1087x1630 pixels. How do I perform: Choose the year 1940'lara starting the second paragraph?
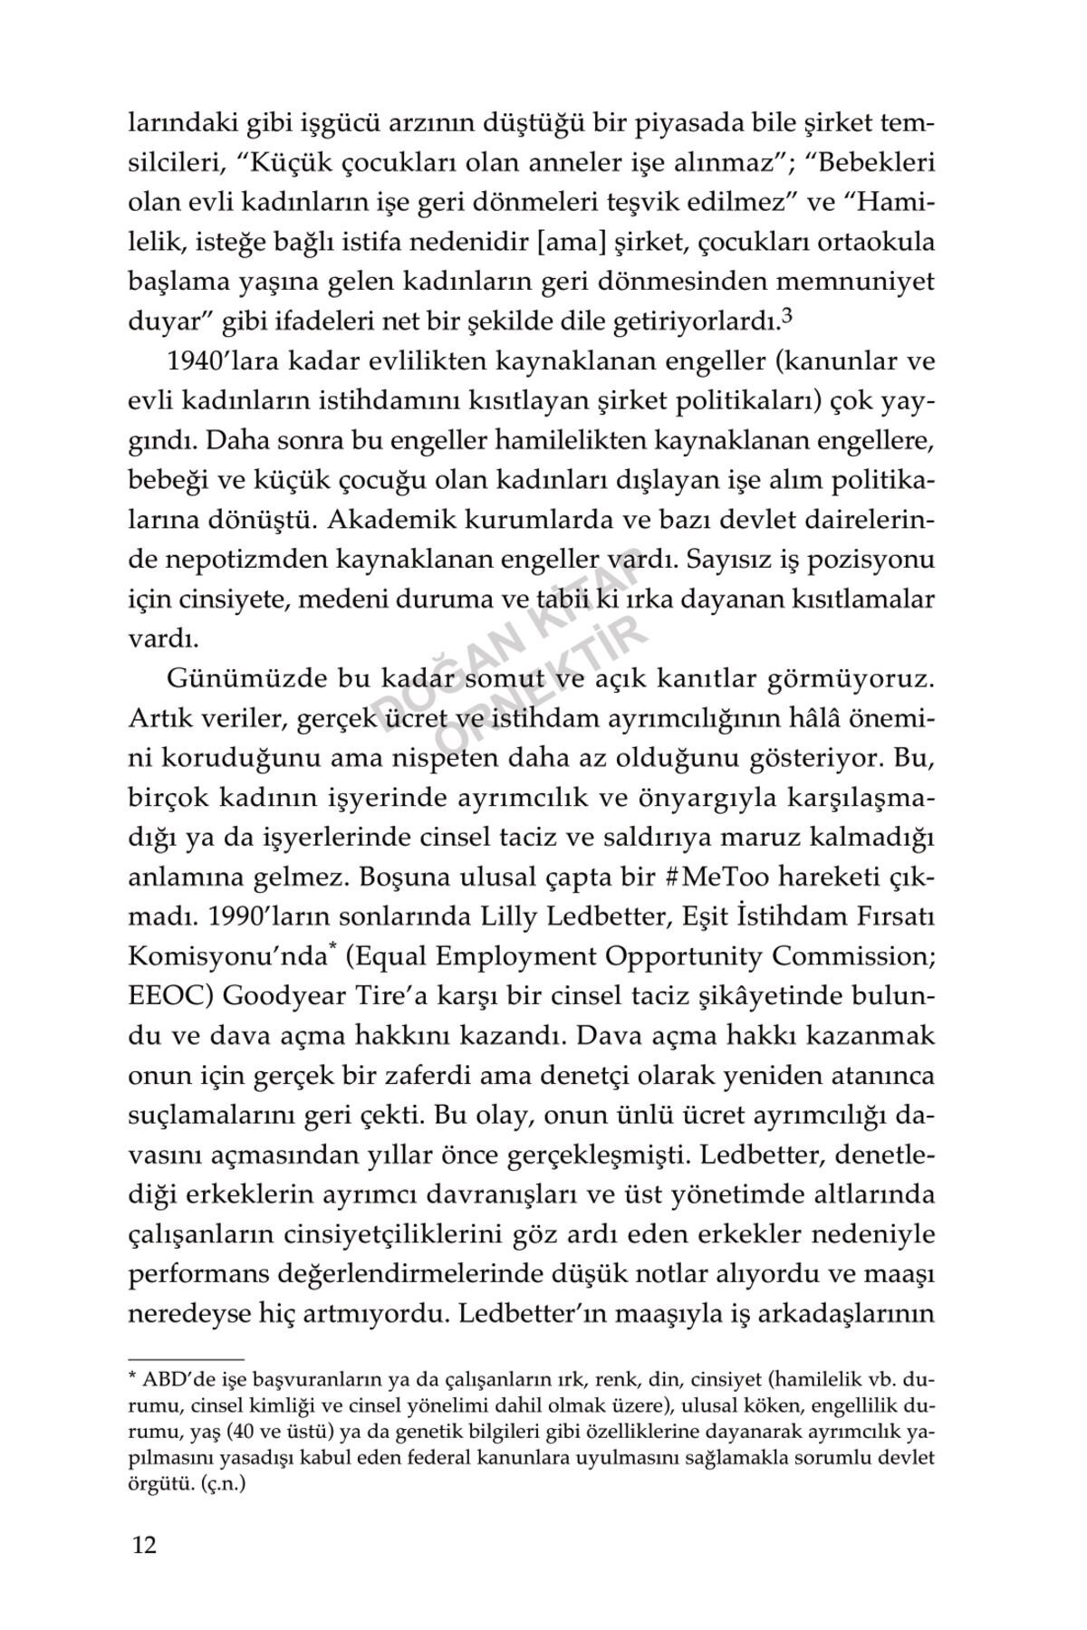[x=220, y=361]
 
